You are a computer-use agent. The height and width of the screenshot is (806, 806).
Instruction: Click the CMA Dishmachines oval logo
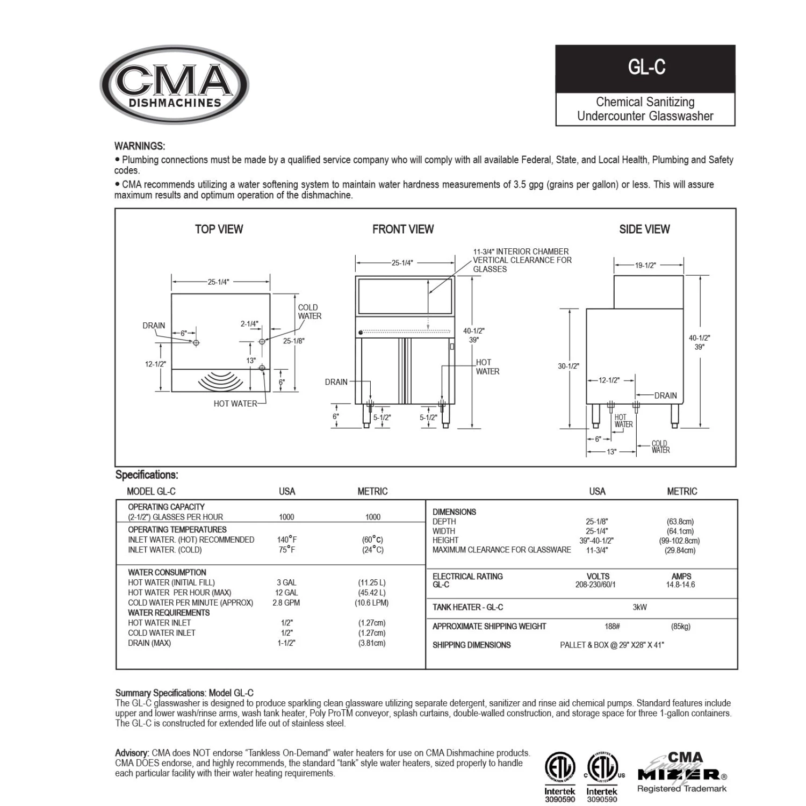coord(174,84)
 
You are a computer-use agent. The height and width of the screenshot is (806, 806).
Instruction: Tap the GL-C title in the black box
coord(646,68)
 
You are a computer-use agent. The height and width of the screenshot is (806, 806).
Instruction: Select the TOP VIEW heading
coord(219,229)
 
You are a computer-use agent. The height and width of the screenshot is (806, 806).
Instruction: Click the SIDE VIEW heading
coord(644,229)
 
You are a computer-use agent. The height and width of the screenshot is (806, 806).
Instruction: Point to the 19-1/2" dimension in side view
coord(645,265)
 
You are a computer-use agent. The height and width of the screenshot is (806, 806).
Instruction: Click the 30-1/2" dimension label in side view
coord(568,366)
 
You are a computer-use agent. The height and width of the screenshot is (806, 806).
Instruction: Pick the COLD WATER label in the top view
coord(310,312)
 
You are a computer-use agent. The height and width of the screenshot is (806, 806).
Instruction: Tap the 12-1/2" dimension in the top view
coord(155,364)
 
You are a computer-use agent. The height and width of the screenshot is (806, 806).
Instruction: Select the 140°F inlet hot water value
coord(287,539)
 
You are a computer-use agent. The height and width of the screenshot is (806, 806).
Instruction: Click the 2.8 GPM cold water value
coord(286,603)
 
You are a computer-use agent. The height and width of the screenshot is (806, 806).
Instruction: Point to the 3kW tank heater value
coord(639,607)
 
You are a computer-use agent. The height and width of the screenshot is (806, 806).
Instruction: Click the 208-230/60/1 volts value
coord(595,585)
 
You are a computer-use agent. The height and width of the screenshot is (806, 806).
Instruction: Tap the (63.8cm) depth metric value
coord(680,522)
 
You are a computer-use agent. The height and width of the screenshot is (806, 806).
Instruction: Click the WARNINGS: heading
coord(140,146)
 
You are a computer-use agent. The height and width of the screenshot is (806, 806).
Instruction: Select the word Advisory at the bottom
coord(132,753)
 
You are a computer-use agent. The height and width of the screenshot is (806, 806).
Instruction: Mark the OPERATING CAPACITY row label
coord(166,507)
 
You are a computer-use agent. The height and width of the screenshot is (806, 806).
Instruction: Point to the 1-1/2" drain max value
coord(286,643)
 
